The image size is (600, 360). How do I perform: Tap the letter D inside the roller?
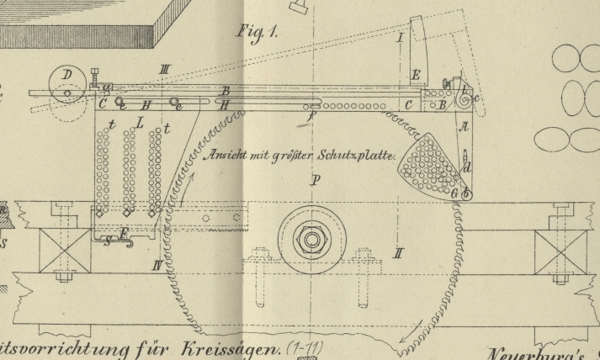[66, 76]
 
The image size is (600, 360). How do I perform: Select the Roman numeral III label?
[165, 69]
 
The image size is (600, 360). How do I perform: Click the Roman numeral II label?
[396, 252]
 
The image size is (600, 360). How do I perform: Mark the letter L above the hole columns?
[140, 123]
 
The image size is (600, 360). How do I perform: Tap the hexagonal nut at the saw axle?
[312, 240]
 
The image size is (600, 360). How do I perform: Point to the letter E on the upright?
[415, 77]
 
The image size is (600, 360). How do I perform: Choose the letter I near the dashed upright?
[400, 38]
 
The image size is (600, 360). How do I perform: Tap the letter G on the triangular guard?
[454, 193]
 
